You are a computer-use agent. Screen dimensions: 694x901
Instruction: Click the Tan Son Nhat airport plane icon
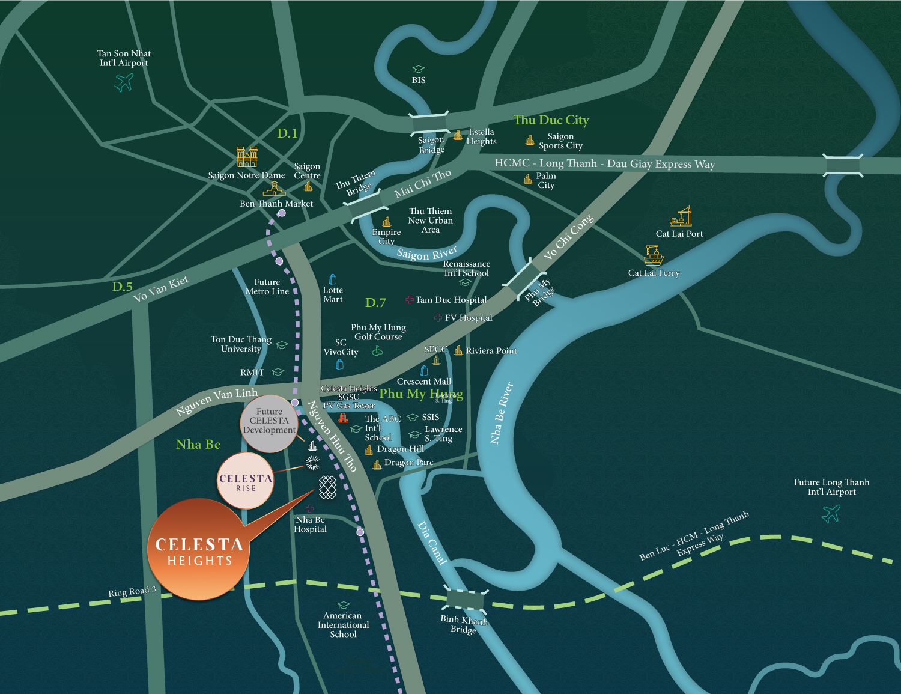124,82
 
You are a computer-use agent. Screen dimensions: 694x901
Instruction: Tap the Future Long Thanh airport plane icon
831,513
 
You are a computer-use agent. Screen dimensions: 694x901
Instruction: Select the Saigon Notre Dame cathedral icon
247,157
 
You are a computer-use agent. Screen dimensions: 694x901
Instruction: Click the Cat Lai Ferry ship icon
653,255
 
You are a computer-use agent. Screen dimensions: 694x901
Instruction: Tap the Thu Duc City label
551,120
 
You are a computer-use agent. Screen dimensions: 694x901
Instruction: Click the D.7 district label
375,303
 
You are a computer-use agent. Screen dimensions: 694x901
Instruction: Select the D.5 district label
122,287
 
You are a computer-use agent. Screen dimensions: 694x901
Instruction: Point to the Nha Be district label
198,445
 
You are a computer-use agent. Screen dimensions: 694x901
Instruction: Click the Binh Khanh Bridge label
464,624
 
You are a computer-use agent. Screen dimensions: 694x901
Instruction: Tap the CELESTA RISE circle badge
246,481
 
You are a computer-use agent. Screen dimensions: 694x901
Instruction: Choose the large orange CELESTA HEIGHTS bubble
199,550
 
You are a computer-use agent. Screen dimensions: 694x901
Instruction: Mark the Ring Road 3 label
132,592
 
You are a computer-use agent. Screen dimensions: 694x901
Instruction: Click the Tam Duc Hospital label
451,300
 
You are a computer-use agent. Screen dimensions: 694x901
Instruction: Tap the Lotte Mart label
333,294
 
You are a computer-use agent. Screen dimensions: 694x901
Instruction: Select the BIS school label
419,80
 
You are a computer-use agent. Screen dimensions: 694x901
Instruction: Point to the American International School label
343,625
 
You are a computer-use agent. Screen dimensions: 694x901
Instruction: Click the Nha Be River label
502,413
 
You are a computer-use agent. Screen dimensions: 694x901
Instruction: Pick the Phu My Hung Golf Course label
378,332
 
